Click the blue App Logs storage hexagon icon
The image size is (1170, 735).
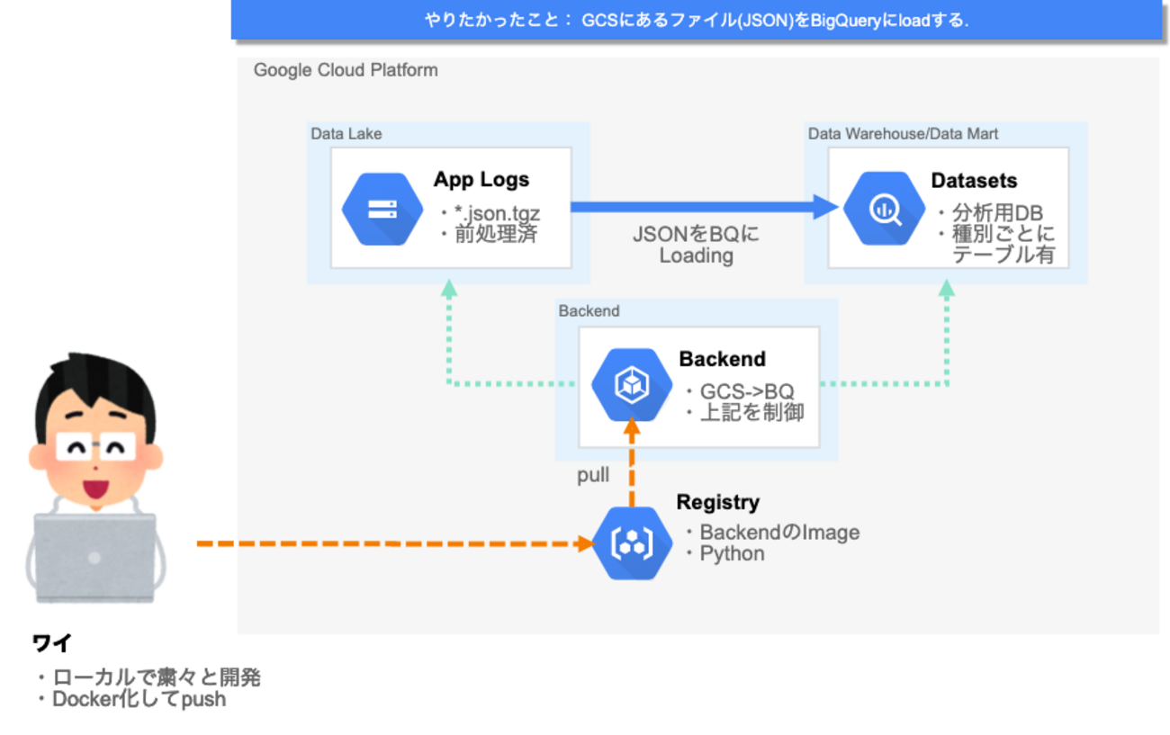click(x=382, y=209)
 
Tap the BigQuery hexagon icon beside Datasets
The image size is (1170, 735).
click(x=883, y=209)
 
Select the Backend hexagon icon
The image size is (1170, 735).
click(x=632, y=385)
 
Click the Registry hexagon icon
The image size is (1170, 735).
click(x=634, y=543)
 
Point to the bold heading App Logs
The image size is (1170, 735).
click(x=481, y=179)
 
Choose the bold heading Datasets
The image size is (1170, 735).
click(x=974, y=180)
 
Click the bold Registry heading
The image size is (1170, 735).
click(x=718, y=502)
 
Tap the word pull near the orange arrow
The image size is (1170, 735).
click(x=593, y=475)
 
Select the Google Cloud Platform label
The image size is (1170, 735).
click(x=346, y=70)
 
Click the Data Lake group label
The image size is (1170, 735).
click(x=346, y=134)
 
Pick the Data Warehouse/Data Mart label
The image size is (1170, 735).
click(x=903, y=134)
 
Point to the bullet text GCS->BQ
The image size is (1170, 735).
click(x=746, y=392)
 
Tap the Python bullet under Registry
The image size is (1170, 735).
click(x=732, y=553)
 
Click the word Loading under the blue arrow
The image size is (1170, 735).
click(x=696, y=255)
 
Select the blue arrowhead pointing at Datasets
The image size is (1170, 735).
click(x=826, y=208)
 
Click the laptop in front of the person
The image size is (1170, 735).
click(x=94, y=558)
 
